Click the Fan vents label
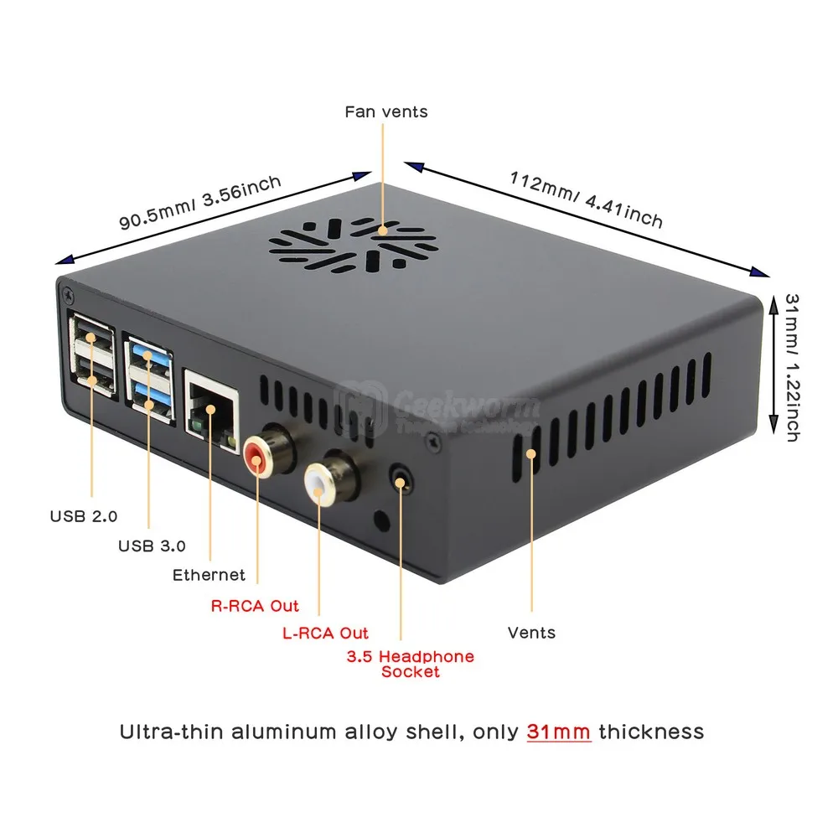coord(386,111)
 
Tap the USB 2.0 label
coord(83,515)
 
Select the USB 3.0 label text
coord(152,546)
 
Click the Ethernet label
coord(209,575)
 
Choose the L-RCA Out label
coord(325,633)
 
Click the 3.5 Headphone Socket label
coord(410,664)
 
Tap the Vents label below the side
coord(532,632)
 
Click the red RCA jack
coord(256,458)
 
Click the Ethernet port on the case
coord(209,411)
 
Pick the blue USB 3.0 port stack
coord(149,382)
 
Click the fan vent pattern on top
coord(353,244)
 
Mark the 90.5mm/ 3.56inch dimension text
coord(200,202)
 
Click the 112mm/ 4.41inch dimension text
coord(586,199)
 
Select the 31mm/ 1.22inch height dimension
coord(792,367)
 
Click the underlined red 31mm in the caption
coord(559,732)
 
